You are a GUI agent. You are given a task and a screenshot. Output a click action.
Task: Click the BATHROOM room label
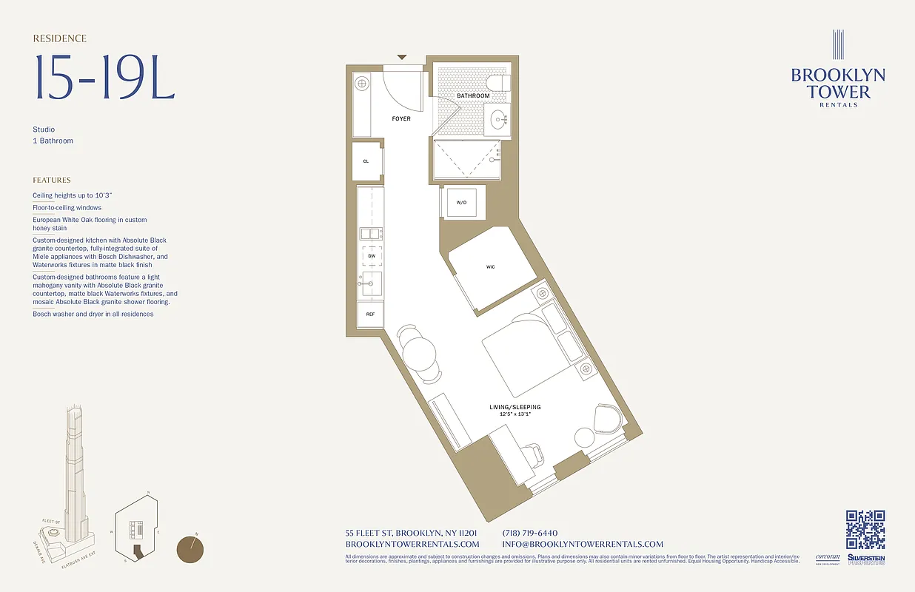472,96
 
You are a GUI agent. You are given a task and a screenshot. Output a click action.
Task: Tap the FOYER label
401,119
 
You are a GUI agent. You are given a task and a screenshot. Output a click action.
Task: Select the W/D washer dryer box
461,202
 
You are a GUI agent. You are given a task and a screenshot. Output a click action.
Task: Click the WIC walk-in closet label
490,266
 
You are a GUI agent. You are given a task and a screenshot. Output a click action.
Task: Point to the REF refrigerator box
369,314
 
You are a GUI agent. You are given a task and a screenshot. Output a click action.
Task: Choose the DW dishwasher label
372,255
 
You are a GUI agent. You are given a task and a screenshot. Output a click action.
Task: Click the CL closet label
366,161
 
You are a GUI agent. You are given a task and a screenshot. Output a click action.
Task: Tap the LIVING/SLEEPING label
515,407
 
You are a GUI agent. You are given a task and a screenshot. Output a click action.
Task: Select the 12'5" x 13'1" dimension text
515,414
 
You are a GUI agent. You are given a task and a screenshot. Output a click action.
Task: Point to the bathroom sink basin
497,118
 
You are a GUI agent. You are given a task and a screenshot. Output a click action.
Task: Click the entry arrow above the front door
402,57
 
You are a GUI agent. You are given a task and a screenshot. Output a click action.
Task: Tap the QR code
865,530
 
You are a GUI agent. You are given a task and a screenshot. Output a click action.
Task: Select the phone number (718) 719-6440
529,533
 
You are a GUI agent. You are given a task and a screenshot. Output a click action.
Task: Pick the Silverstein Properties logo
865,559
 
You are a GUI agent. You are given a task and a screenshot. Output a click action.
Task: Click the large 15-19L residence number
104,78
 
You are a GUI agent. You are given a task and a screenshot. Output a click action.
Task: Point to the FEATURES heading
52,180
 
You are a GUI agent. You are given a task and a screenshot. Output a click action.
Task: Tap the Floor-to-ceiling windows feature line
67,208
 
